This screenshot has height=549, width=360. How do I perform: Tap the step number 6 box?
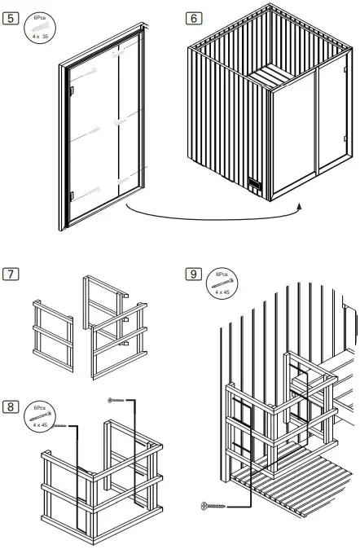coord(192,18)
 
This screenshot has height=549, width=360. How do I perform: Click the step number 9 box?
coord(192,273)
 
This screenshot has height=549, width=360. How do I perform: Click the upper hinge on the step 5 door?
coord(72,90)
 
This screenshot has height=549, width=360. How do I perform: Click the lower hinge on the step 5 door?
coord(72,194)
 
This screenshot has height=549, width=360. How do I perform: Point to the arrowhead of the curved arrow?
coord(298,207)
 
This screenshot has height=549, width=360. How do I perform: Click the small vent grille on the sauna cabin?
coord(254,185)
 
